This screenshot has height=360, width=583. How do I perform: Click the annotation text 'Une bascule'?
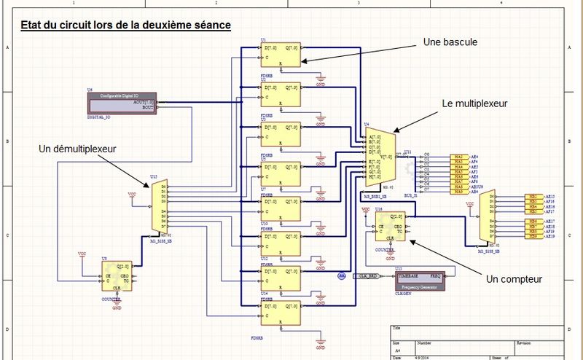pos(450,43)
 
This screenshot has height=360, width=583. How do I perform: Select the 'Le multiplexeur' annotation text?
pos(474,104)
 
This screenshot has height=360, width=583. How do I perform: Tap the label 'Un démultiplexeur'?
pos(77,149)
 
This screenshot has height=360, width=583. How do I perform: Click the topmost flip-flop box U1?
pos(281,53)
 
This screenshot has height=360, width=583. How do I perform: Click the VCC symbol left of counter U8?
pos(82,254)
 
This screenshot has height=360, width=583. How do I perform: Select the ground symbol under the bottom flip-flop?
pos(321,340)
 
